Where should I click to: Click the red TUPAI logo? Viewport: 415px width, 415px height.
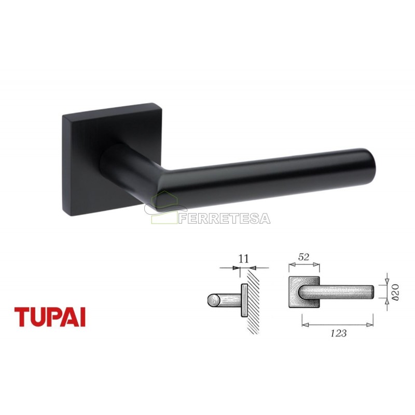tap(50, 317)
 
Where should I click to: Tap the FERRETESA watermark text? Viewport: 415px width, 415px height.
tap(225, 218)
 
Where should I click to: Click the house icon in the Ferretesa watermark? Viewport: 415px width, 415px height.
tap(162, 208)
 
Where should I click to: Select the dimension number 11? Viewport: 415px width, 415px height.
tap(244, 258)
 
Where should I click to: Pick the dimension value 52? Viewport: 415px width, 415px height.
tap(304, 257)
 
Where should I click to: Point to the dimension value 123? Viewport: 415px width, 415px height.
tap(339, 333)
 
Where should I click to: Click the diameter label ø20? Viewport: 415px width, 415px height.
tap(395, 292)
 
